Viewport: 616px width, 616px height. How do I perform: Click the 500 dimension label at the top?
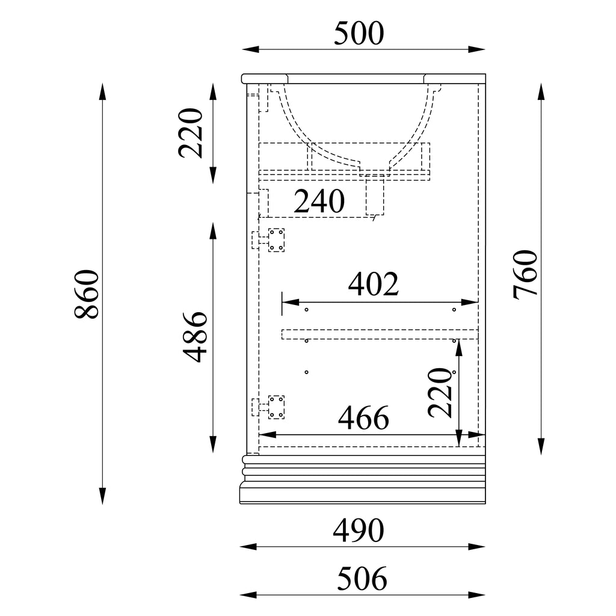(x=359, y=34)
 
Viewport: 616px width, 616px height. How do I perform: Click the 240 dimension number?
(x=319, y=201)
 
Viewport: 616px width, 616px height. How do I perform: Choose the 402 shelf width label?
(x=373, y=284)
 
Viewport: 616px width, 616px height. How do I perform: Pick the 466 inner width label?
(x=363, y=418)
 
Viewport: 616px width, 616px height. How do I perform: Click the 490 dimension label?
(x=359, y=531)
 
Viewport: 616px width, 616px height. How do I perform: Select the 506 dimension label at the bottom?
(x=362, y=578)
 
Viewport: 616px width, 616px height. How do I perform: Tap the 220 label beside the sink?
(x=191, y=133)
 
